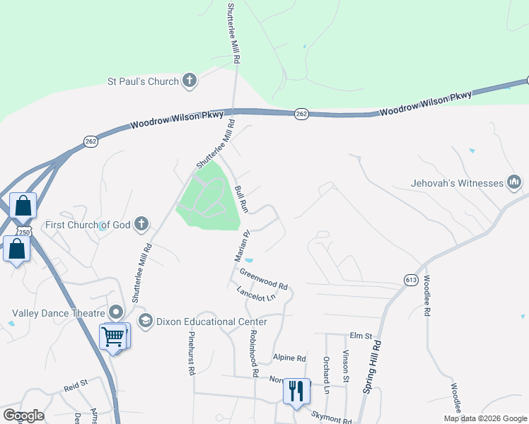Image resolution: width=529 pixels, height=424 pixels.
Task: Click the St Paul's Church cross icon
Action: [189, 81]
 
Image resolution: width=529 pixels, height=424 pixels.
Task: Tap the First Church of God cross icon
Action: [141, 225]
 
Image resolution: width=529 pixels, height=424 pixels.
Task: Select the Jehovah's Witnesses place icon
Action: [514, 183]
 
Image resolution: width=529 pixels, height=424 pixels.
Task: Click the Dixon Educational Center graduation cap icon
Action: [145, 322]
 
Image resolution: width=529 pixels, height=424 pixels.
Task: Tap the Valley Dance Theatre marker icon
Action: [117, 312]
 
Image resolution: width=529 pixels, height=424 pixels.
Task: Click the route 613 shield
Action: [410, 279]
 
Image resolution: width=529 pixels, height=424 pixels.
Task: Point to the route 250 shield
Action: [23, 232]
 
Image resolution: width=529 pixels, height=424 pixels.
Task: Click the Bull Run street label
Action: [242, 200]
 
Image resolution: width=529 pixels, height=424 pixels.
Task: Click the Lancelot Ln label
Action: [255, 294]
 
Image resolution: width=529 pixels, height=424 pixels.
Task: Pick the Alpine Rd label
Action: [290, 358]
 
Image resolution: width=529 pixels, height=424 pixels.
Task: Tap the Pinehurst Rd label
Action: [191, 354]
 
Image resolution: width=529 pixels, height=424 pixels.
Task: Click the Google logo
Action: [23, 415]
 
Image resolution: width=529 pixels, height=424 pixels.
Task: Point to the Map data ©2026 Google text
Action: [484, 418]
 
